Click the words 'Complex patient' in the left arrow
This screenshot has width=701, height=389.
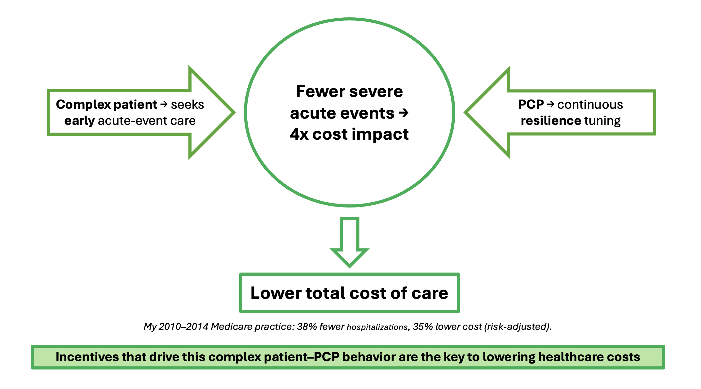(x=107, y=105)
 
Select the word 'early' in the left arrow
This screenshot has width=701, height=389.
(x=79, y=121)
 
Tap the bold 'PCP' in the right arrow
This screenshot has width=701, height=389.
(x=531, y=105)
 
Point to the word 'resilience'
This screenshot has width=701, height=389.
(x=551, y=120)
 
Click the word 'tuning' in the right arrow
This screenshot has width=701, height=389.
(x=602, y=121)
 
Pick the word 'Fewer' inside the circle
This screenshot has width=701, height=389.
(x=320, y=91)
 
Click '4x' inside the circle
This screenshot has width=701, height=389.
(x=299, y=134)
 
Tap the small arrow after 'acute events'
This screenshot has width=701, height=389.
(x=403, y=113)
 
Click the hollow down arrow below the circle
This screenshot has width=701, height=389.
(x=349, y=242)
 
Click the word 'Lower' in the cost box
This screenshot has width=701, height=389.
(x=276, y=293)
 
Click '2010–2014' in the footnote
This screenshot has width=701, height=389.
(x=183, y=326)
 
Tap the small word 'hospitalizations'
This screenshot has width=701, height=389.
(x=377, y=327)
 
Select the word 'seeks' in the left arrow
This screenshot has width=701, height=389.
(x=187, y=105)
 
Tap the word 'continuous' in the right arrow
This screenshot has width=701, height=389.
(x=590, y=105)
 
